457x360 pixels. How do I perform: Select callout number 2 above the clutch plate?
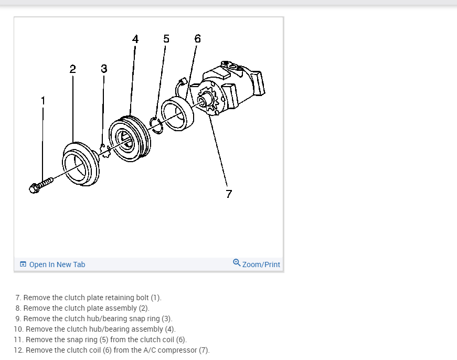coord(72,68)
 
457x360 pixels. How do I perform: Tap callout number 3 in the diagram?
coord(104,68)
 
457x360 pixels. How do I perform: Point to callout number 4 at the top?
coord(135,39)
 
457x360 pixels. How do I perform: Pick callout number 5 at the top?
coord(166,38)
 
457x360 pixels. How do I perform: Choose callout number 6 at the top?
coord(197,38)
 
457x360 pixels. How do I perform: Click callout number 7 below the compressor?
coord(228,194)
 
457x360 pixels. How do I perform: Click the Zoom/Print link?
coord(261,264)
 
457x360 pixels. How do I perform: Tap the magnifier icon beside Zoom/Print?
coord(237,264)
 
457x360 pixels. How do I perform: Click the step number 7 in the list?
coord(18,298)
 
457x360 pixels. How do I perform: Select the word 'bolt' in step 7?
coord(142,298)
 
